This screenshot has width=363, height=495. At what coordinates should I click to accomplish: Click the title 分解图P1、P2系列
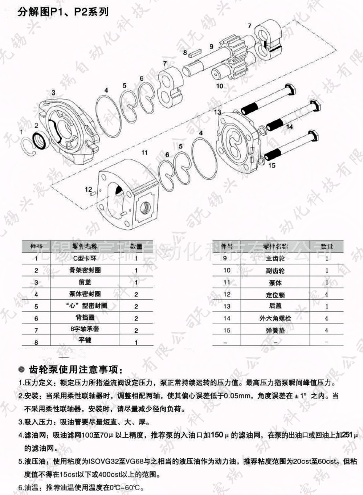[63, 12]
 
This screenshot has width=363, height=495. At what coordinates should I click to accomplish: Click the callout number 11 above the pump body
[144, 152]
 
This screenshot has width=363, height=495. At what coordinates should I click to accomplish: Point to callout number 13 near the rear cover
[217, 112]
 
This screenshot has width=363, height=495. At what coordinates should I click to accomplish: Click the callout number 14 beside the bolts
[289, 127]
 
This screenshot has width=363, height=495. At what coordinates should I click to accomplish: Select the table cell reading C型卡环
[85, 258]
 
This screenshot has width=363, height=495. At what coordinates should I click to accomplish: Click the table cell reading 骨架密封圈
[85, 270]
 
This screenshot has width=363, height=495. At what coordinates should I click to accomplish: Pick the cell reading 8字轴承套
[85, 329]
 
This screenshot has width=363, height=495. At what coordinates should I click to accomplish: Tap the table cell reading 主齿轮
[275, 258]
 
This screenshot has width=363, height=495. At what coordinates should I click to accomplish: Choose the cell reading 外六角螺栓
[275, 318]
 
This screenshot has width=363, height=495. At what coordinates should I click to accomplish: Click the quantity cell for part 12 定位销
[326, 294]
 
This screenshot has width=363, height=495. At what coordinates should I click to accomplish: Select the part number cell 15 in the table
[227, 330]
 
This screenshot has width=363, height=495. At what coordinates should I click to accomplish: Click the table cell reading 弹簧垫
[275, 330]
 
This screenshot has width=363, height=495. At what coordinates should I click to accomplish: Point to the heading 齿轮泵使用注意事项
[76, 370]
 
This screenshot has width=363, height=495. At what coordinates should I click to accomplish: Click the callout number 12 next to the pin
[89, 189]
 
